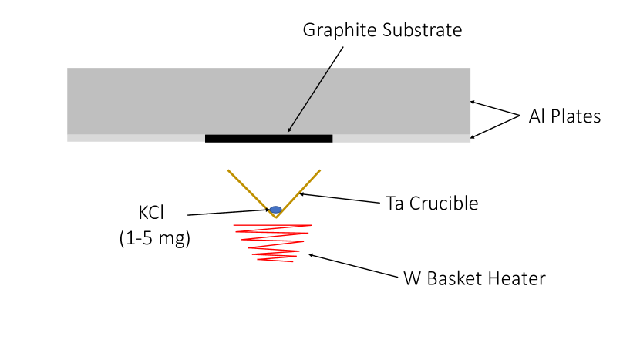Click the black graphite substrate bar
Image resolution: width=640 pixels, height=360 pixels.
[x=268, y=139]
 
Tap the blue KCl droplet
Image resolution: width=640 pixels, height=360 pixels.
[x=275, y=210]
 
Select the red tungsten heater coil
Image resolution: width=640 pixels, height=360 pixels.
[x=273, y=242]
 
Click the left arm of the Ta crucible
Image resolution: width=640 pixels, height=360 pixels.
[x=251, y=193]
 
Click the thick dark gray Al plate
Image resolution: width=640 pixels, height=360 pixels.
[x=268, y=100]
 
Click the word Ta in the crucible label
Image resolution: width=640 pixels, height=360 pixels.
[x=396, y=204]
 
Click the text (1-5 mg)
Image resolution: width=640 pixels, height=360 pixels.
[x=155, y=238]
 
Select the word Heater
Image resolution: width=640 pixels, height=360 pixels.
[x=518, y=279]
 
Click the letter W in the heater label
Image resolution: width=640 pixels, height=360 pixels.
[x=412, y=279]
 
